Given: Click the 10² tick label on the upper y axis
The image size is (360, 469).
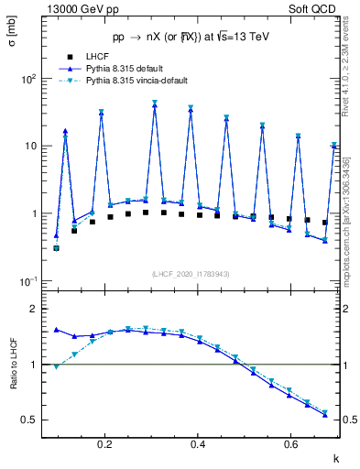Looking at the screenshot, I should coord(27,79).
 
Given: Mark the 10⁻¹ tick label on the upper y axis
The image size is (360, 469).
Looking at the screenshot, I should coord(27,281).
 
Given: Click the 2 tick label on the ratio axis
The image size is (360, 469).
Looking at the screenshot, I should coord(33,309).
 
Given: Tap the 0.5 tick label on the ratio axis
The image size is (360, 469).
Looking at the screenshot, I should coord(29,420).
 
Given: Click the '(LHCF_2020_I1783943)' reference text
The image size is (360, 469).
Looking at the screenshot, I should coord(191,274).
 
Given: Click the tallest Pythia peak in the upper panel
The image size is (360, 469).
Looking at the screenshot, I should coord(155,104).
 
